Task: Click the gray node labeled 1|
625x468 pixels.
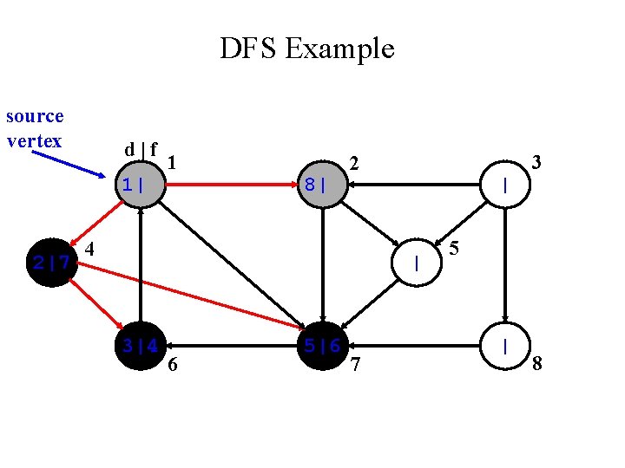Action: [139, 185]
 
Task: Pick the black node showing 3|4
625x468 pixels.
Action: [139, 346]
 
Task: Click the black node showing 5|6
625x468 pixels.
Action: [322, 346]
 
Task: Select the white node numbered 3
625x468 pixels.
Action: [505, 185]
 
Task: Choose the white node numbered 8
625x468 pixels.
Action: [505, 346]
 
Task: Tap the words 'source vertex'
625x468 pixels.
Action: [35, 128]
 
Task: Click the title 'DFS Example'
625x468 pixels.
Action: [306, 49]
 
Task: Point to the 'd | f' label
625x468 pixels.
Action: [141, 149]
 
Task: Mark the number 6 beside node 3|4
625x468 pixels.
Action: [173, 365]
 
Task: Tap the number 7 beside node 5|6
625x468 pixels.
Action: [354, 365]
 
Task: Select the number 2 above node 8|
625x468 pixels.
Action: [353, 163]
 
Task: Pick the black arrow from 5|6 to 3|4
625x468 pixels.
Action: [231, 346]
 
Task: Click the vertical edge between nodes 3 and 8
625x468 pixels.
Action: [505, 265]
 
